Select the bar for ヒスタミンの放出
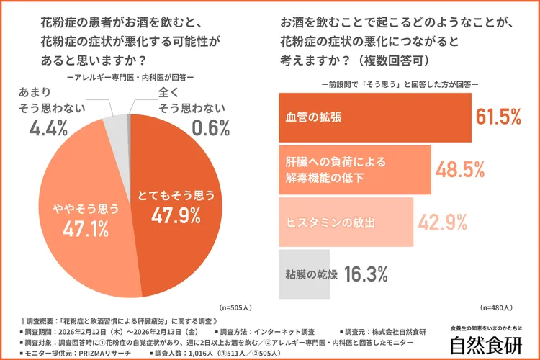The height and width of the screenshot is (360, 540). tap(346, 222)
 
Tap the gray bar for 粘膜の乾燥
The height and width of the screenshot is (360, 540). tap(304, 274)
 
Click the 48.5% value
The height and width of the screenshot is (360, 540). tap(462, 170)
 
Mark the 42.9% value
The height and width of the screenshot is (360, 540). tap(444, 222)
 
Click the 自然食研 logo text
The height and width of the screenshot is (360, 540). tap(486, 346)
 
